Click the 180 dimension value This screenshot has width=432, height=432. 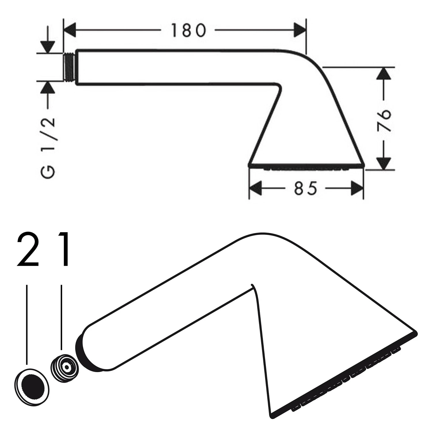click(x=189, y=30)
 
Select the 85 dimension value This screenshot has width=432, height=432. click(x=305, y=188)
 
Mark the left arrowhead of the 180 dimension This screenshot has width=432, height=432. click(x=69, y=30)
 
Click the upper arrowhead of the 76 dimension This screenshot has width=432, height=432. click(x=384, y=74)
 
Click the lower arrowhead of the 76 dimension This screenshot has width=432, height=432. click(x=384, y=164)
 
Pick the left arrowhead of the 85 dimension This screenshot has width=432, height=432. click(x=255, y=188)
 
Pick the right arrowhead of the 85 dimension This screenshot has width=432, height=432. click(x=357, y=188)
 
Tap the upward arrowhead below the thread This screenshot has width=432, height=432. click(x=48, y=88)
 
